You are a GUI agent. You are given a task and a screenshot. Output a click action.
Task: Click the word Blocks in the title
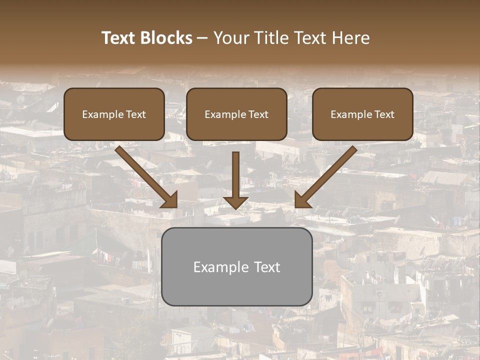[166, 38]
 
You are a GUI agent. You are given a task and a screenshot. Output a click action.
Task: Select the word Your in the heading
[227, 38]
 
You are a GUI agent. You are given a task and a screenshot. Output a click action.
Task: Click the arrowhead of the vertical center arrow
[236, 202]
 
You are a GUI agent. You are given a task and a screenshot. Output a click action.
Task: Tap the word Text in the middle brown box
[258, 114]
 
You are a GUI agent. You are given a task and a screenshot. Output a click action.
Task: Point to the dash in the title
[202, 38]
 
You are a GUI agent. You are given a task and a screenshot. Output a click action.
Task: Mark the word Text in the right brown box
[384, 114]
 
